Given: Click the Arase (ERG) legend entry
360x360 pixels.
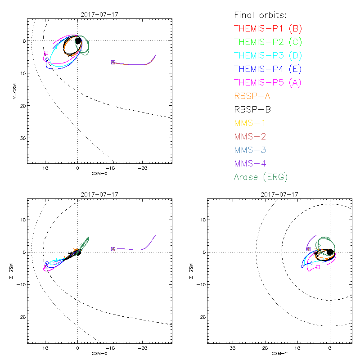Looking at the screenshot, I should [261, 177].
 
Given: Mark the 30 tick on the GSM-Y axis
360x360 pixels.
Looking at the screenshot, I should [233, 348].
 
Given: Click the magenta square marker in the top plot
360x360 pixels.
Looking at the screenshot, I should [46, 53].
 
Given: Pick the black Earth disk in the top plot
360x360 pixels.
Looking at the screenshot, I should [78, 41].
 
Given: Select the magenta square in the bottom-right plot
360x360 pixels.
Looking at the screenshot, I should [318, 267].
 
